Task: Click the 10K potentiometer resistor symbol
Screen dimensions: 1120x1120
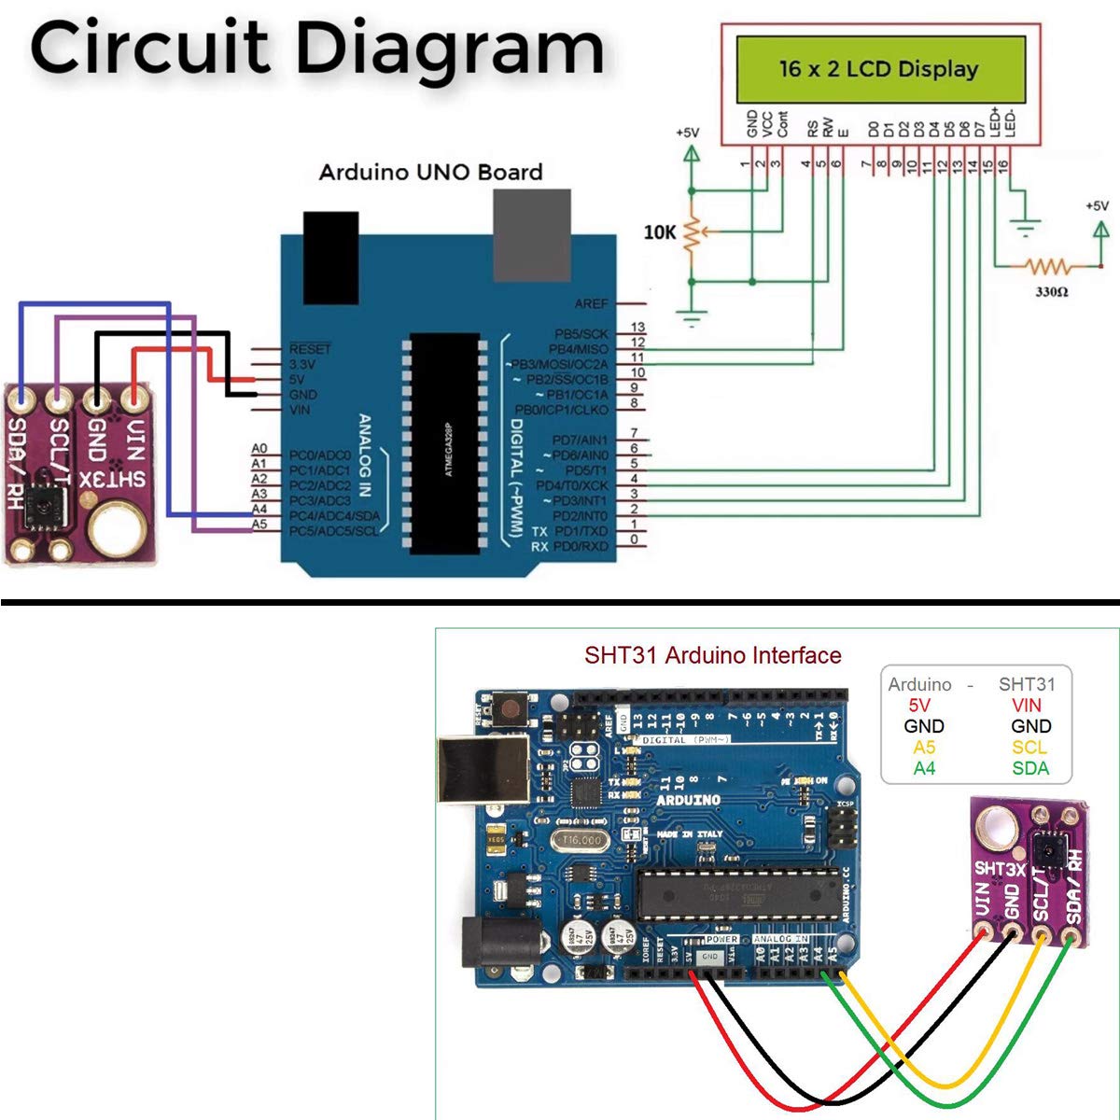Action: (692, 233)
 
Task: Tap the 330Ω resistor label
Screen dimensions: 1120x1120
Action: (1051, 292)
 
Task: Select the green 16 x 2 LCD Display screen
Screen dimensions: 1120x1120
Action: (880, 69)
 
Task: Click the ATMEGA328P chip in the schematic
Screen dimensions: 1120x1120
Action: (446, 441)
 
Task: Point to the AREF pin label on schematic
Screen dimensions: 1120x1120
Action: (591, 303)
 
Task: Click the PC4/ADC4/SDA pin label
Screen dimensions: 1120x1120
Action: (334, 516)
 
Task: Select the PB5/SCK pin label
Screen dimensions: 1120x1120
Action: (581, 333)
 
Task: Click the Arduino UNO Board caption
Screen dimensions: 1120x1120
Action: (430, 172)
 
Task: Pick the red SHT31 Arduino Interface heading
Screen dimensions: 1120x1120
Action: (712, 655)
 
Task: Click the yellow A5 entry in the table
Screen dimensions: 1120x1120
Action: (924, 748)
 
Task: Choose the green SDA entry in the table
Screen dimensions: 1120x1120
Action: (1030, 768)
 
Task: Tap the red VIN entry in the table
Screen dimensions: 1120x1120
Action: (1026, 706)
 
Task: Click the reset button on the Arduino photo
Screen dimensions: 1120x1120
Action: (510, 709)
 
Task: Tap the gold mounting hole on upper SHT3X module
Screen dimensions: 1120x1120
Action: (118, 527)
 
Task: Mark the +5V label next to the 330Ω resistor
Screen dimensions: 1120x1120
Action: (1097, 205)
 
